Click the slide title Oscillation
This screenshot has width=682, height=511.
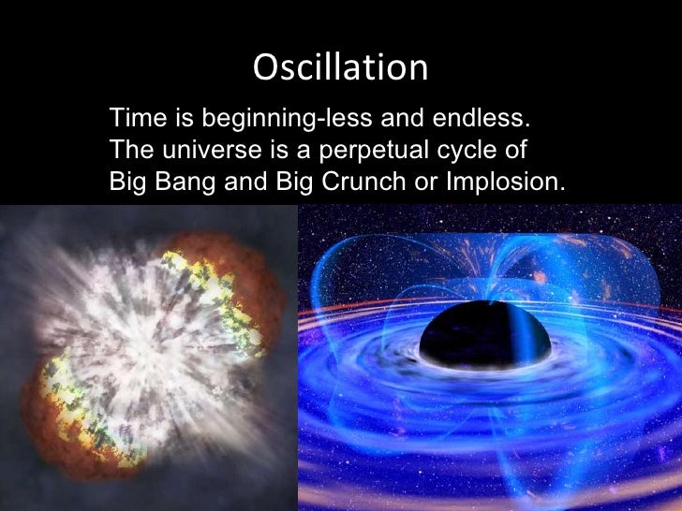pos(340,67)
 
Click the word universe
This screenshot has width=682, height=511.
pos(201,150)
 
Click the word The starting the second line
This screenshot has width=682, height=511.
pos(130,150)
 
